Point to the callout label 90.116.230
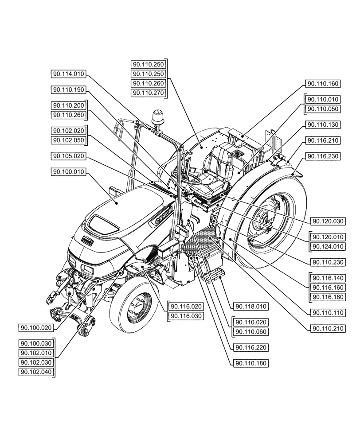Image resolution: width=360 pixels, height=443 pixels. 322,156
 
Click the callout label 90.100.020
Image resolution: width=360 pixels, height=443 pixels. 36,327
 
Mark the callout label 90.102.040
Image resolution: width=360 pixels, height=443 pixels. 36,372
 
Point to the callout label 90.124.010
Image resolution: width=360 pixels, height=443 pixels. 328,246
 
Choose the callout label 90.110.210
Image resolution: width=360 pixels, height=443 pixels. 328,328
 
